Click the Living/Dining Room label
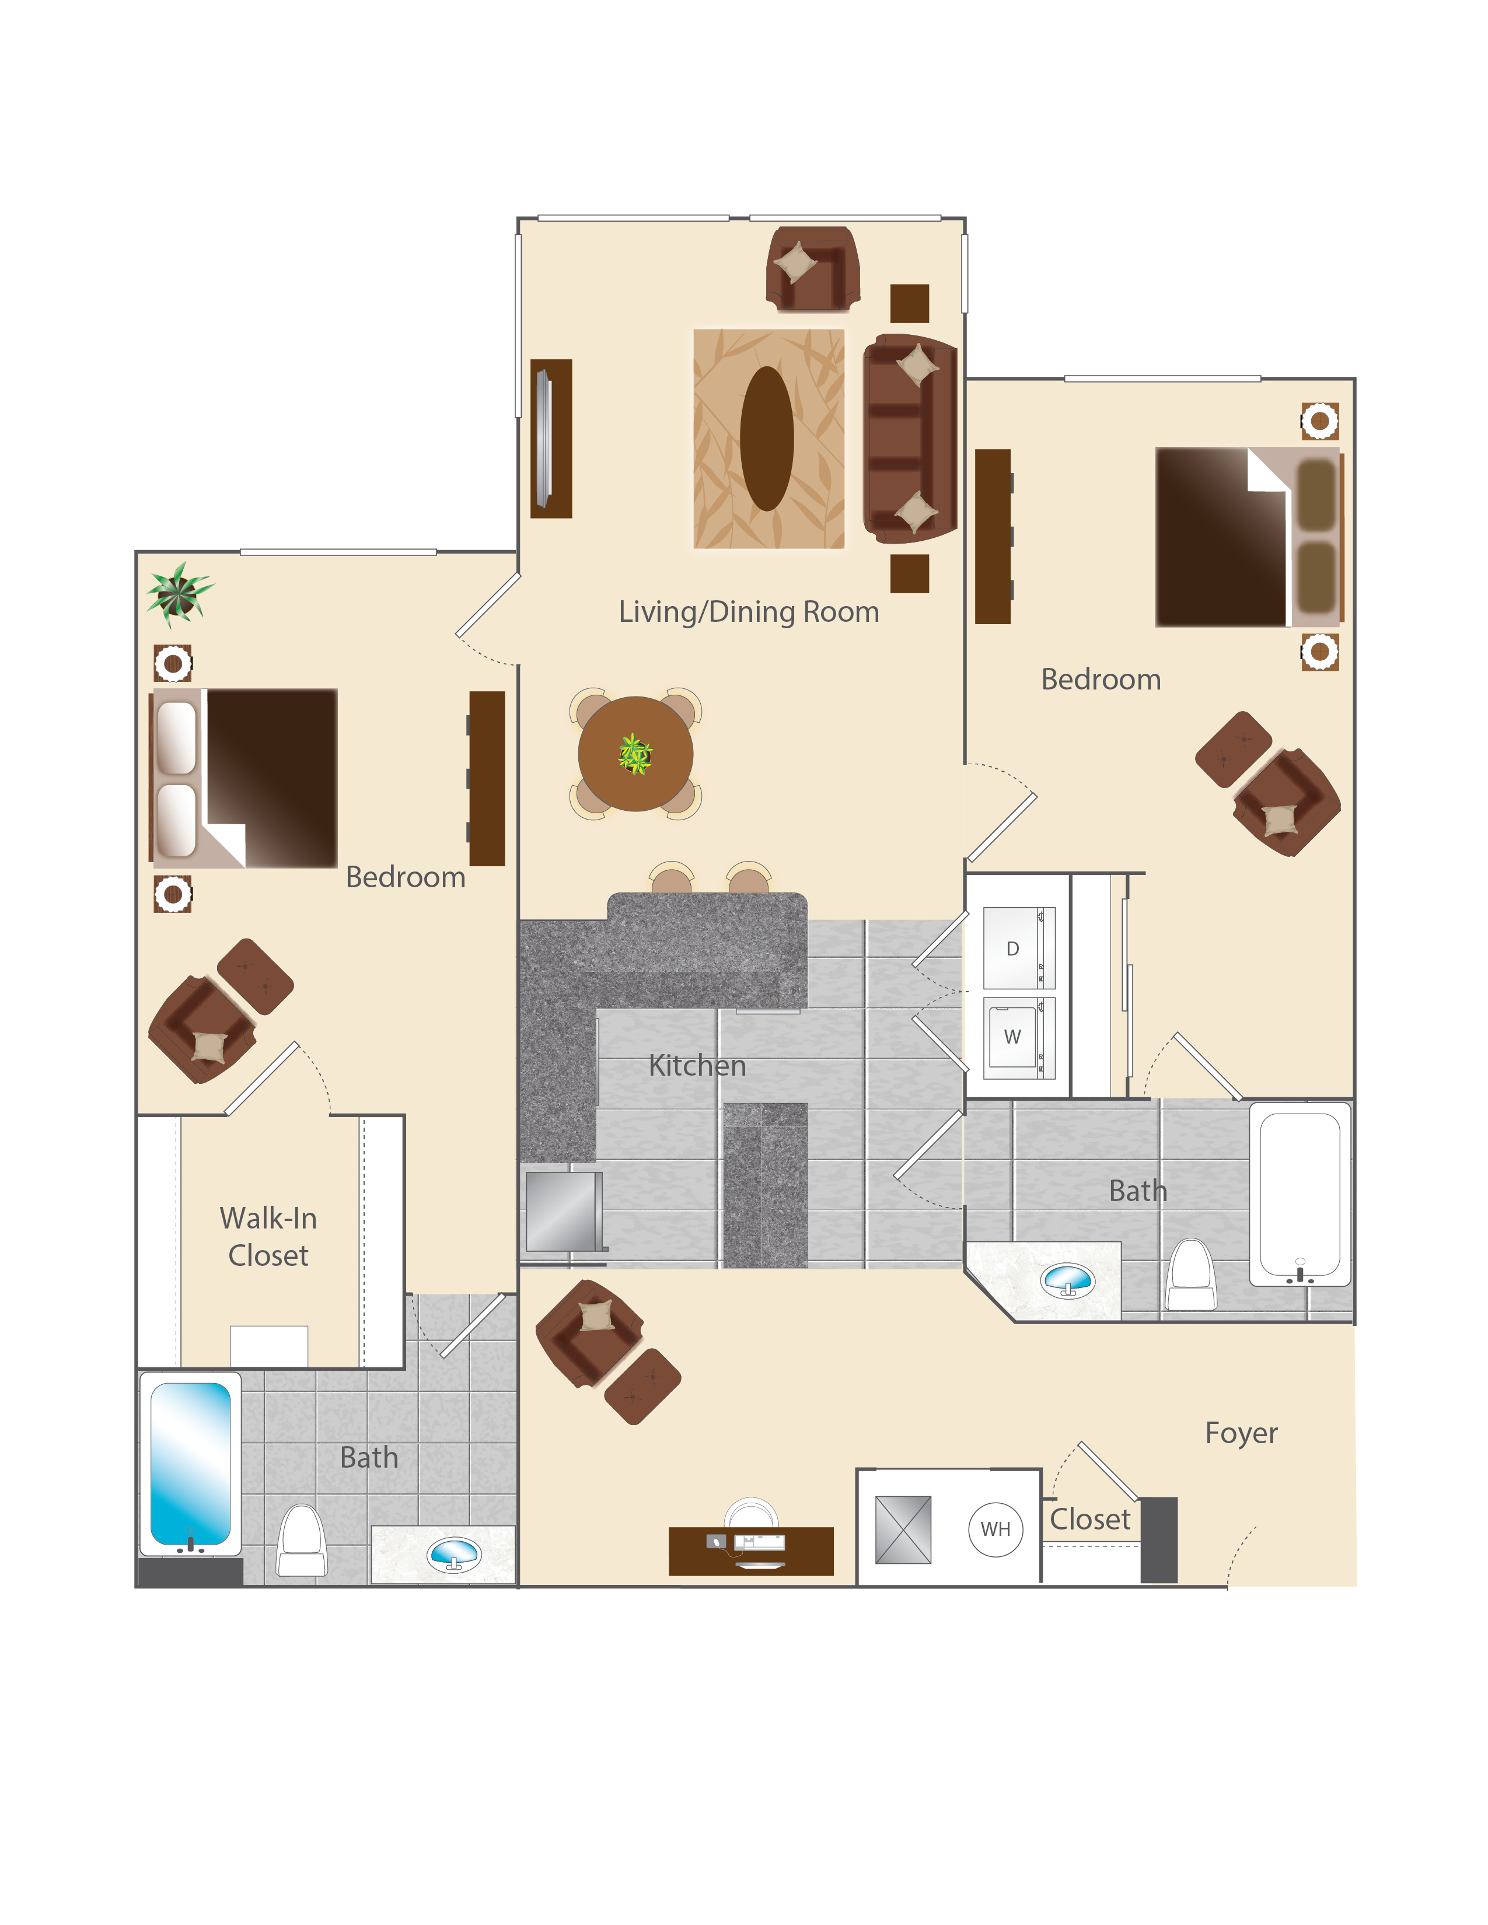click(x=749, y=612)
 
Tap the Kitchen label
click(x=697, y=1066)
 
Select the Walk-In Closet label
click(x=268, y=1237)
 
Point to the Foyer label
click(x=1241, y=1433)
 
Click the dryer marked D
click(x=1018, y=949)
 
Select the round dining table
click(x=635, y=754)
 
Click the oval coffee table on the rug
click(x=767, y=438)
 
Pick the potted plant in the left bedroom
click(x=179, y=593)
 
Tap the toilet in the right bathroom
click(x=1191, y=1275)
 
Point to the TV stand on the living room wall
click(x=551, y=438)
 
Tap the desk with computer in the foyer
click(x=751, y=1550)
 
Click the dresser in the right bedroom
click(x=994, y=536)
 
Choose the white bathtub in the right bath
click(x=1300, y=1194)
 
